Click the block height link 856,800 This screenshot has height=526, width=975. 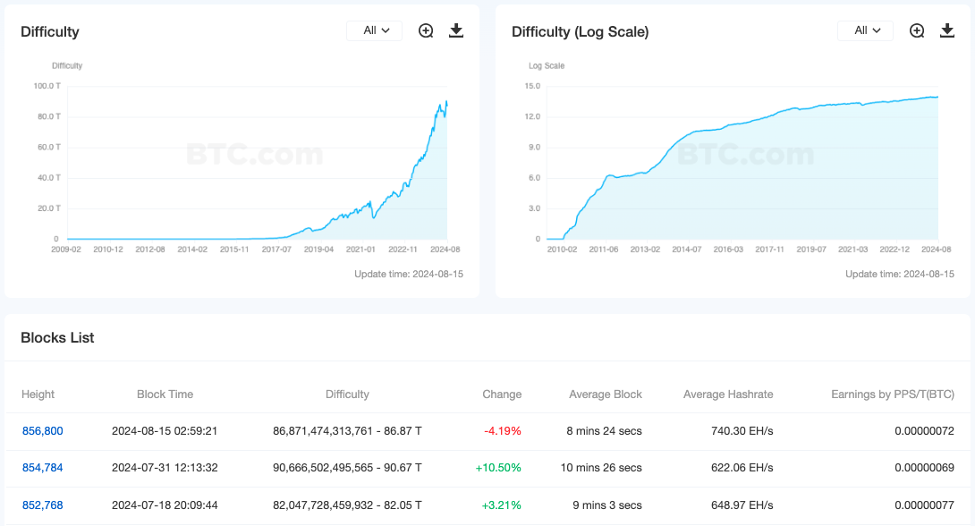tap(42, 431)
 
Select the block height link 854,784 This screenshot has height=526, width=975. tap(42, 467)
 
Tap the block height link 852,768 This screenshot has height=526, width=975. tap(42, 505)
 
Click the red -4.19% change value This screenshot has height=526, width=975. tap(502, 431)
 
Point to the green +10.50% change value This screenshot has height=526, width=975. tap(498, 467)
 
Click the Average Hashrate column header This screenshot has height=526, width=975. tap(728, 394)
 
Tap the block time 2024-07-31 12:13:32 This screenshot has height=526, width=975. tap(165, 467)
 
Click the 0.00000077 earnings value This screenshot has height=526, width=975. tap(924, 505)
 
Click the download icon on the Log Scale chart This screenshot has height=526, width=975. tap(947, 30)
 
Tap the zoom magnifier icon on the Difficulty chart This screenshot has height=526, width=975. tap(426, 30)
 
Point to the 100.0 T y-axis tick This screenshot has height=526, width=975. tap(47, 86)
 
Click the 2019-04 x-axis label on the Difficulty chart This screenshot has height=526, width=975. tap(318, 250)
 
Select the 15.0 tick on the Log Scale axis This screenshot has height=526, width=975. tap(533, 86)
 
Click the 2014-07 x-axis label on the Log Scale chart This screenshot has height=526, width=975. tap(686, 250)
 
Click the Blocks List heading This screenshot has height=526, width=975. tap(57, 338)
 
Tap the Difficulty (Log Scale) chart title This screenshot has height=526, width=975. tap(581, 32)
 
